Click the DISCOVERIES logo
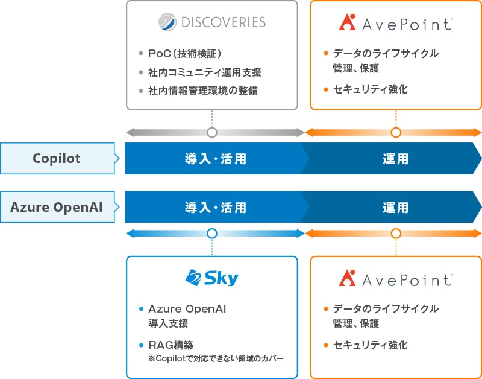(x=212, y=23)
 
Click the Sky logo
(x=212, y=278)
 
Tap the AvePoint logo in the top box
(x=396, y=24)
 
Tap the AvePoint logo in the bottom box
(x=396, y=279)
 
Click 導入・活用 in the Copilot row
(x=215, y=159)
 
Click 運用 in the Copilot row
(x=395, y=159)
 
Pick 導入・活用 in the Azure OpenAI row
(x=215, y=208)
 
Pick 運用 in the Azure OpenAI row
(x=395, y=208)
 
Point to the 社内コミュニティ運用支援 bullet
(x=204, y=72)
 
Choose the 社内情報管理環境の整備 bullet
(x=204, y=91)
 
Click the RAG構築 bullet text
(x=171, y=346)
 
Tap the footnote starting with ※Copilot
(x=215, y=359)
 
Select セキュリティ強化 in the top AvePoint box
(x=370, y=89)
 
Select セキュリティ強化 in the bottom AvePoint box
(x=370, y=345)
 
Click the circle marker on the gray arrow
(x=211, y=133)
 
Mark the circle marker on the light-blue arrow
(x=211, y=234)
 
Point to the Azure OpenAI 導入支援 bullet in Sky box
(x=187, y=316)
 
